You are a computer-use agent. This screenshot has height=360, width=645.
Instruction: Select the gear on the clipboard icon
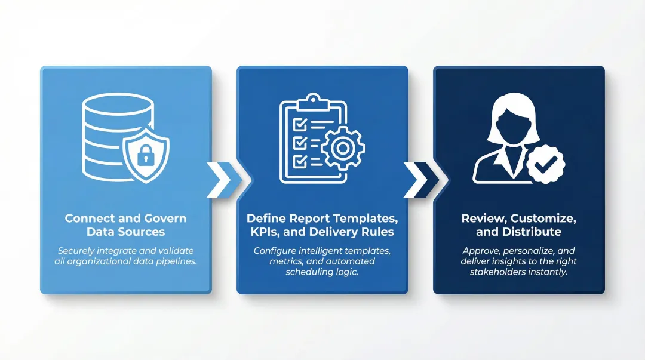pyautogui.click(x=343, y=149)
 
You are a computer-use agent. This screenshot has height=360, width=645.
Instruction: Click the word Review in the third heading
pyautogui.click(x=481, y=219)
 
